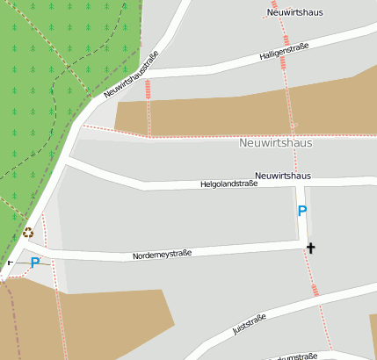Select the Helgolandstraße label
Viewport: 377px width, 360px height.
[228, 184]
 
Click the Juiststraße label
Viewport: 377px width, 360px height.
[250, 325]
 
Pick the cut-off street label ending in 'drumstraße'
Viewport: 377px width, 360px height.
[294, 356]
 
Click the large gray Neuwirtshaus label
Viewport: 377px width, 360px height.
[275, 142]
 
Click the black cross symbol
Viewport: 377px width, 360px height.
[310, 248]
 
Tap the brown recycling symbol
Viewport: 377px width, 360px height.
[28, 233]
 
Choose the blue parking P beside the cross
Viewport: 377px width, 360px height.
[302, 211]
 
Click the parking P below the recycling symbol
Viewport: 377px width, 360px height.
[35, 262]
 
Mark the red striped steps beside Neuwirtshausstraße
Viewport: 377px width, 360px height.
[148, 89]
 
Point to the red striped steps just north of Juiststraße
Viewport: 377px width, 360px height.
[315, 290]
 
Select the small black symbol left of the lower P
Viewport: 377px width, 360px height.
[11, 262]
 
